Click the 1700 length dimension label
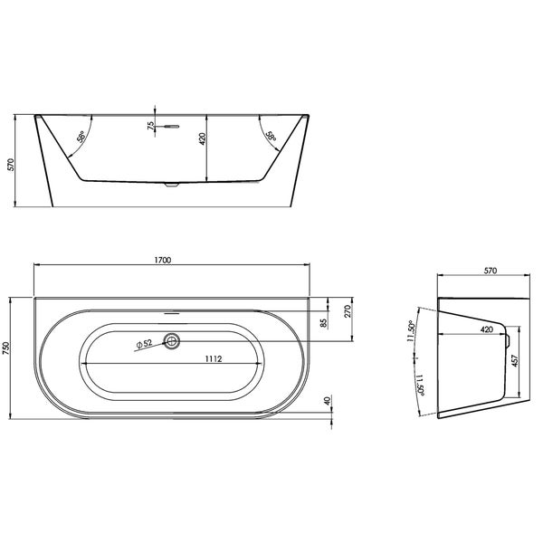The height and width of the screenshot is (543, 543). point(163,260)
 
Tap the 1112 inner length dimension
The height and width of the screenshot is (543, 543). point(214,358)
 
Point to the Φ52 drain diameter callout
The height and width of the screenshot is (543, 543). point(144,344)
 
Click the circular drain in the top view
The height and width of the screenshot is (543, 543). point(172,341)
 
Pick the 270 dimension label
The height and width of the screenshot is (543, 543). point(348,311)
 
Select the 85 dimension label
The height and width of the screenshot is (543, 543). point(324,323)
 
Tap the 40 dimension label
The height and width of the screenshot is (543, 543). point(328,401)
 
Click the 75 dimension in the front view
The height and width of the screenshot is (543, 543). point(151,126)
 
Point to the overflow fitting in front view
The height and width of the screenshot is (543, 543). point(171,127)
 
